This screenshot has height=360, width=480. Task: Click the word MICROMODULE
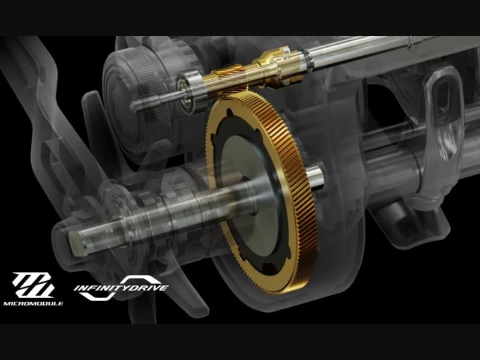[x=33, y=304]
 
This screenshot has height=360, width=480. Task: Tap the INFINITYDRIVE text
[x=121, y=288]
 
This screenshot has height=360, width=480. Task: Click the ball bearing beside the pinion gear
[x=188, y=91]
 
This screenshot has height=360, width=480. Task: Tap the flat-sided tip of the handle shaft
[x=76, y=244]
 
